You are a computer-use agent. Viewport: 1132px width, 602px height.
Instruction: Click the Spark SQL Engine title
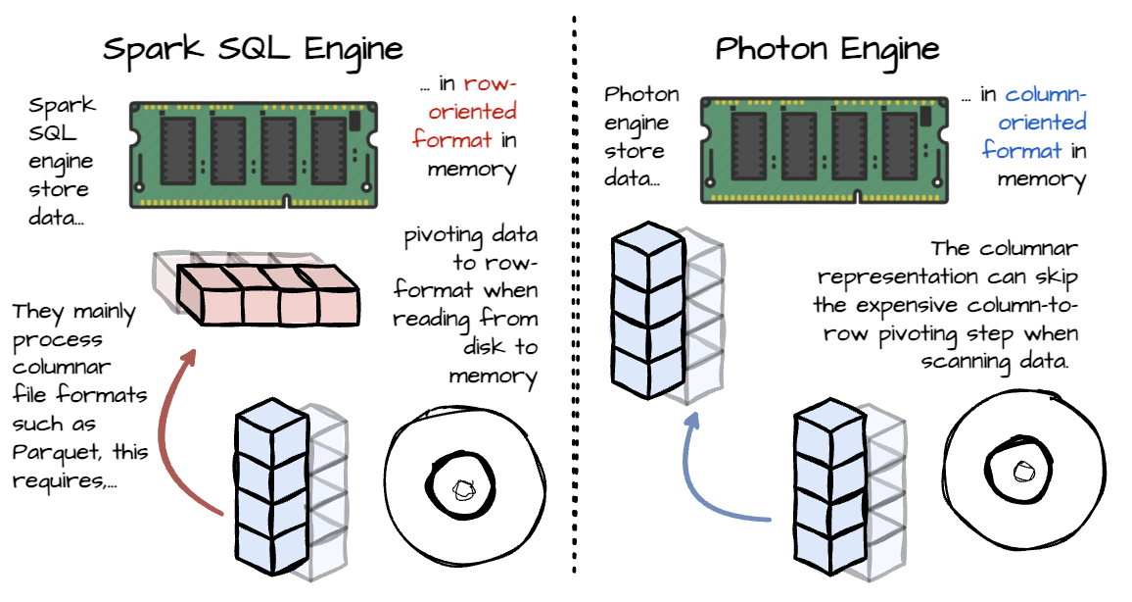coord(253,49)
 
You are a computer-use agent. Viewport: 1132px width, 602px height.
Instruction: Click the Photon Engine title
coord(827,49)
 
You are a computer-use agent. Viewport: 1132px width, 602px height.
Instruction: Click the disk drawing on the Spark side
coord(463,485)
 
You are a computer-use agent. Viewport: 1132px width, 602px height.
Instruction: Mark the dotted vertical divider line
coord(572,294)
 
